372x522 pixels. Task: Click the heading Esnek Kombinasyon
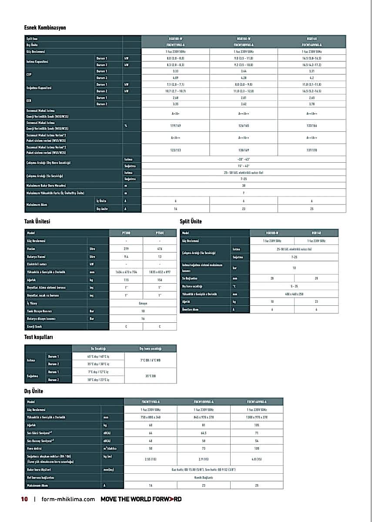click(45, 28)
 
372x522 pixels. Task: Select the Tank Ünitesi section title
click(37, 221)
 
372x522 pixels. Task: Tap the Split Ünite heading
click(191, 221)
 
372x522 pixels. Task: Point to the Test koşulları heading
click(39, 337)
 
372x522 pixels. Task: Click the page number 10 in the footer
click(24, 499)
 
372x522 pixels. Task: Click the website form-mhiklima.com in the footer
click(68, 499)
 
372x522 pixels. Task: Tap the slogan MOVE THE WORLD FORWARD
click(141, 499)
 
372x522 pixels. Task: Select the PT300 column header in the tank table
click(126, 233)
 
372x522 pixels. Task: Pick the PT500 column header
click(160, 233)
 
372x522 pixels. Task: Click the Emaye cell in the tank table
click(143, 303)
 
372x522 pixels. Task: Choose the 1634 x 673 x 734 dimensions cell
click(126, 272)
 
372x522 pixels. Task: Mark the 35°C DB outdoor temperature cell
click(150, 376)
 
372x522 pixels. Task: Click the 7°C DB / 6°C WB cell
click(150, 360)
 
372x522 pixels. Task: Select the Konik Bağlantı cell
click(204, 477)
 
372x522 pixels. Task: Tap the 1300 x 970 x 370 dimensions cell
click(257, 417)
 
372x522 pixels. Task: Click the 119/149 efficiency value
click(176, 126)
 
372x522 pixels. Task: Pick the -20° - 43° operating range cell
click(243, 159)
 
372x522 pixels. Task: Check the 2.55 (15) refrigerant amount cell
click(151, 459)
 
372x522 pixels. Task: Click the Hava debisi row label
click(37, 448)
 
